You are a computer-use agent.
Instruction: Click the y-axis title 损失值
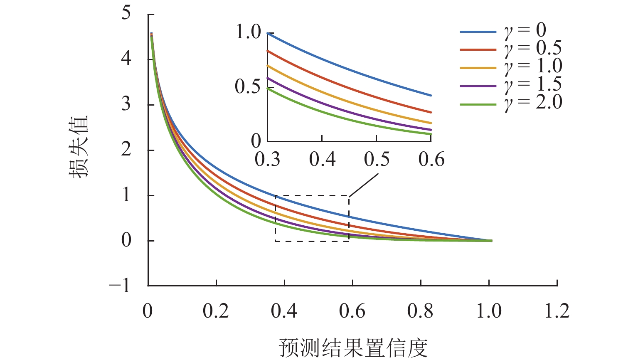[x=79, y=147]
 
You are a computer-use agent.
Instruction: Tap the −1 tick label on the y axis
[x=120, y=286]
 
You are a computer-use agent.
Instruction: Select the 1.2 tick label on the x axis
[x=557, y=311]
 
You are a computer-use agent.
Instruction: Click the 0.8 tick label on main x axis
[x=421, y=311]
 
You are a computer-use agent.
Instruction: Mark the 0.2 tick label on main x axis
[x=216, y=311]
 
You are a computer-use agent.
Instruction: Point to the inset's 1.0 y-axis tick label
[x=248, y=32]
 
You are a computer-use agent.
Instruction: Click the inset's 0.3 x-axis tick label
[x=268, y=160]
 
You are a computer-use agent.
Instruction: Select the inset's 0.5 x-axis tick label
[x=377, y=160]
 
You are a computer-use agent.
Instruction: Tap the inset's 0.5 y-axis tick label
[x=248, y=87]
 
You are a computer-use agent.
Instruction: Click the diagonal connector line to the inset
[x=364, y=185]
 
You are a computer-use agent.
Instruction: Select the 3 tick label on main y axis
[x=126, y=104]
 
